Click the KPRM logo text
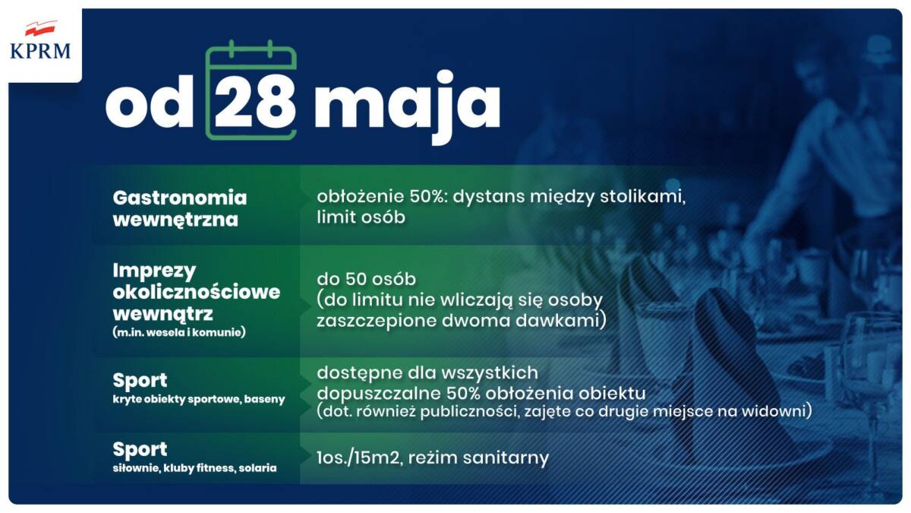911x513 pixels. point(40,52)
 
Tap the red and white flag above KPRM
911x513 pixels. point(40,29)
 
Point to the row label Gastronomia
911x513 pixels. point(180,198)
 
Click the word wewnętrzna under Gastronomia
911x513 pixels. point(175,220)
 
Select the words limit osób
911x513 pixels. point(361,217)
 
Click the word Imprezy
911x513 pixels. point(155,271)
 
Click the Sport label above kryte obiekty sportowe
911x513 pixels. point(140,380)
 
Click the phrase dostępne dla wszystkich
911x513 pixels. point(427,373)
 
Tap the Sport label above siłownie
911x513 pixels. point(140,449)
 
